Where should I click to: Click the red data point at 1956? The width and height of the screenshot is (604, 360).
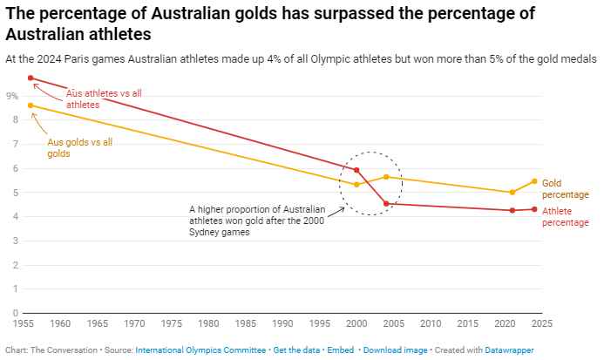[31, 78]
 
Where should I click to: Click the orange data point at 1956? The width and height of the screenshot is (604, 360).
[31, 105]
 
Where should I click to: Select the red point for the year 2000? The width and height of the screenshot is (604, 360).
[356, 170]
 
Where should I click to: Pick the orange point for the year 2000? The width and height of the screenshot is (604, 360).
[356, 185]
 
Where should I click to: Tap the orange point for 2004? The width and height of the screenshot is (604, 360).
[386, 177]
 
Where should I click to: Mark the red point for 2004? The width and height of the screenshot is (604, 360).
[386, 204]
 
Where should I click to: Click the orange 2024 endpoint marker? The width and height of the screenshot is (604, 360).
[534, 181]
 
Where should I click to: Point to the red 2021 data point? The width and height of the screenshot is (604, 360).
[512, 210]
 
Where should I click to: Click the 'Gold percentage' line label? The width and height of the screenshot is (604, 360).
[566, 189]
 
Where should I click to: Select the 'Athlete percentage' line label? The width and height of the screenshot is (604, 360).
[566, 216]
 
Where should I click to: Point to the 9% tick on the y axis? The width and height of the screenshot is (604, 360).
[12, 96]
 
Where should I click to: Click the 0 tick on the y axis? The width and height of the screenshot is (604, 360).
[15, 313]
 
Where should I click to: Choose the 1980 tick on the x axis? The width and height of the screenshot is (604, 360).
[208, 323]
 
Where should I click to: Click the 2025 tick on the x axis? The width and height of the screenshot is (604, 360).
[541, 323]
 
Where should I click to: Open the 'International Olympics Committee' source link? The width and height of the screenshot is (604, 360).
[200, 350]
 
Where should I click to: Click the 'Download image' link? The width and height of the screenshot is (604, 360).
[396, 350]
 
